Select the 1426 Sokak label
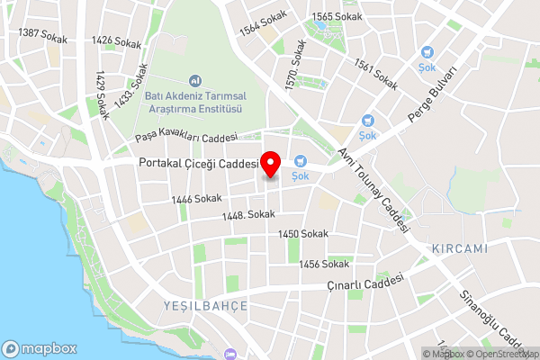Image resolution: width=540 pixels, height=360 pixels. point(113,40)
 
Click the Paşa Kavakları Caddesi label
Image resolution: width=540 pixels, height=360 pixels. point(185,138)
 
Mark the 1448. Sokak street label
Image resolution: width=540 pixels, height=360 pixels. point(248,215)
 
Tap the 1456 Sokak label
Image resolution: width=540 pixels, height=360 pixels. point(324,264)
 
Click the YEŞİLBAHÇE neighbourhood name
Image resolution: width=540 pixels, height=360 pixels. point(205,306)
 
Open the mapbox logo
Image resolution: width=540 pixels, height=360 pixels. point(40,348)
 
